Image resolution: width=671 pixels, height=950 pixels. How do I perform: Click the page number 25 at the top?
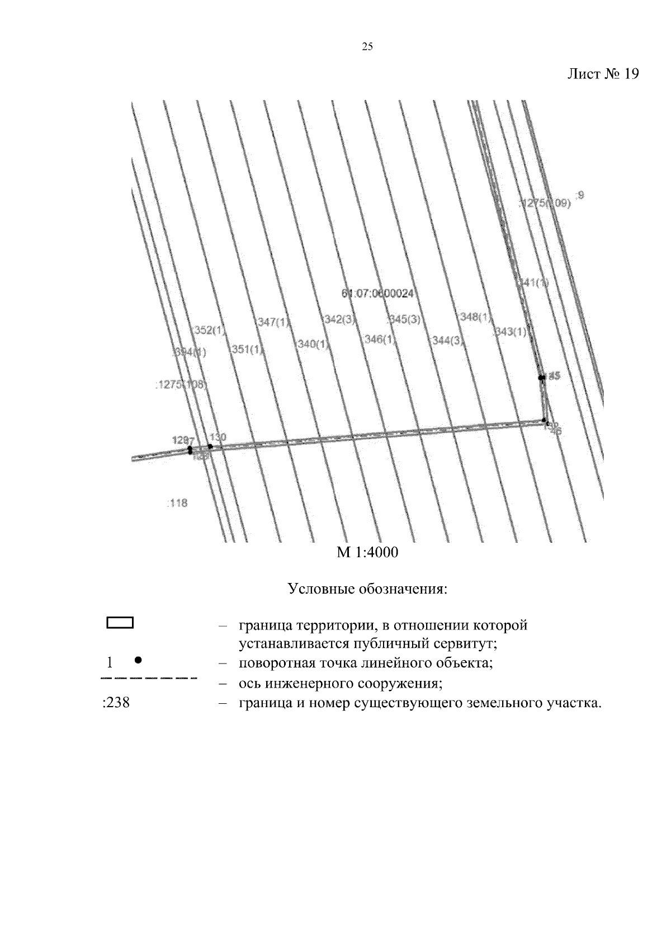(367, 47)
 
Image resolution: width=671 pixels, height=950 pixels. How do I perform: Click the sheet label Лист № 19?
(602, 74)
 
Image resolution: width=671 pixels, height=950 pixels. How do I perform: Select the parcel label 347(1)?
(274, 322)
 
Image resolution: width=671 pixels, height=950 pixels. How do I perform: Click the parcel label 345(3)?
(405, 319)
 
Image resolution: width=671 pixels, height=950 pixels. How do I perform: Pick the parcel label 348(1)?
(475, 318)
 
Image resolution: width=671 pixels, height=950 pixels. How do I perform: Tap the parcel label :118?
(177, 503)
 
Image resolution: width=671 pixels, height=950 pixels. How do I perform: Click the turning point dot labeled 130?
(210, 446)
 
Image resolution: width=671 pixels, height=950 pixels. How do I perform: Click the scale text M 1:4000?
(367, 553)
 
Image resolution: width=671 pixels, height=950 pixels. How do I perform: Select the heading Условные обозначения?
(367, 589)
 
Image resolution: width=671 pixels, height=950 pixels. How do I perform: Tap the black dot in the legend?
(138, 660)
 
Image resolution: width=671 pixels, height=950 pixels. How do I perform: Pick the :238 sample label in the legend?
(116, 703)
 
